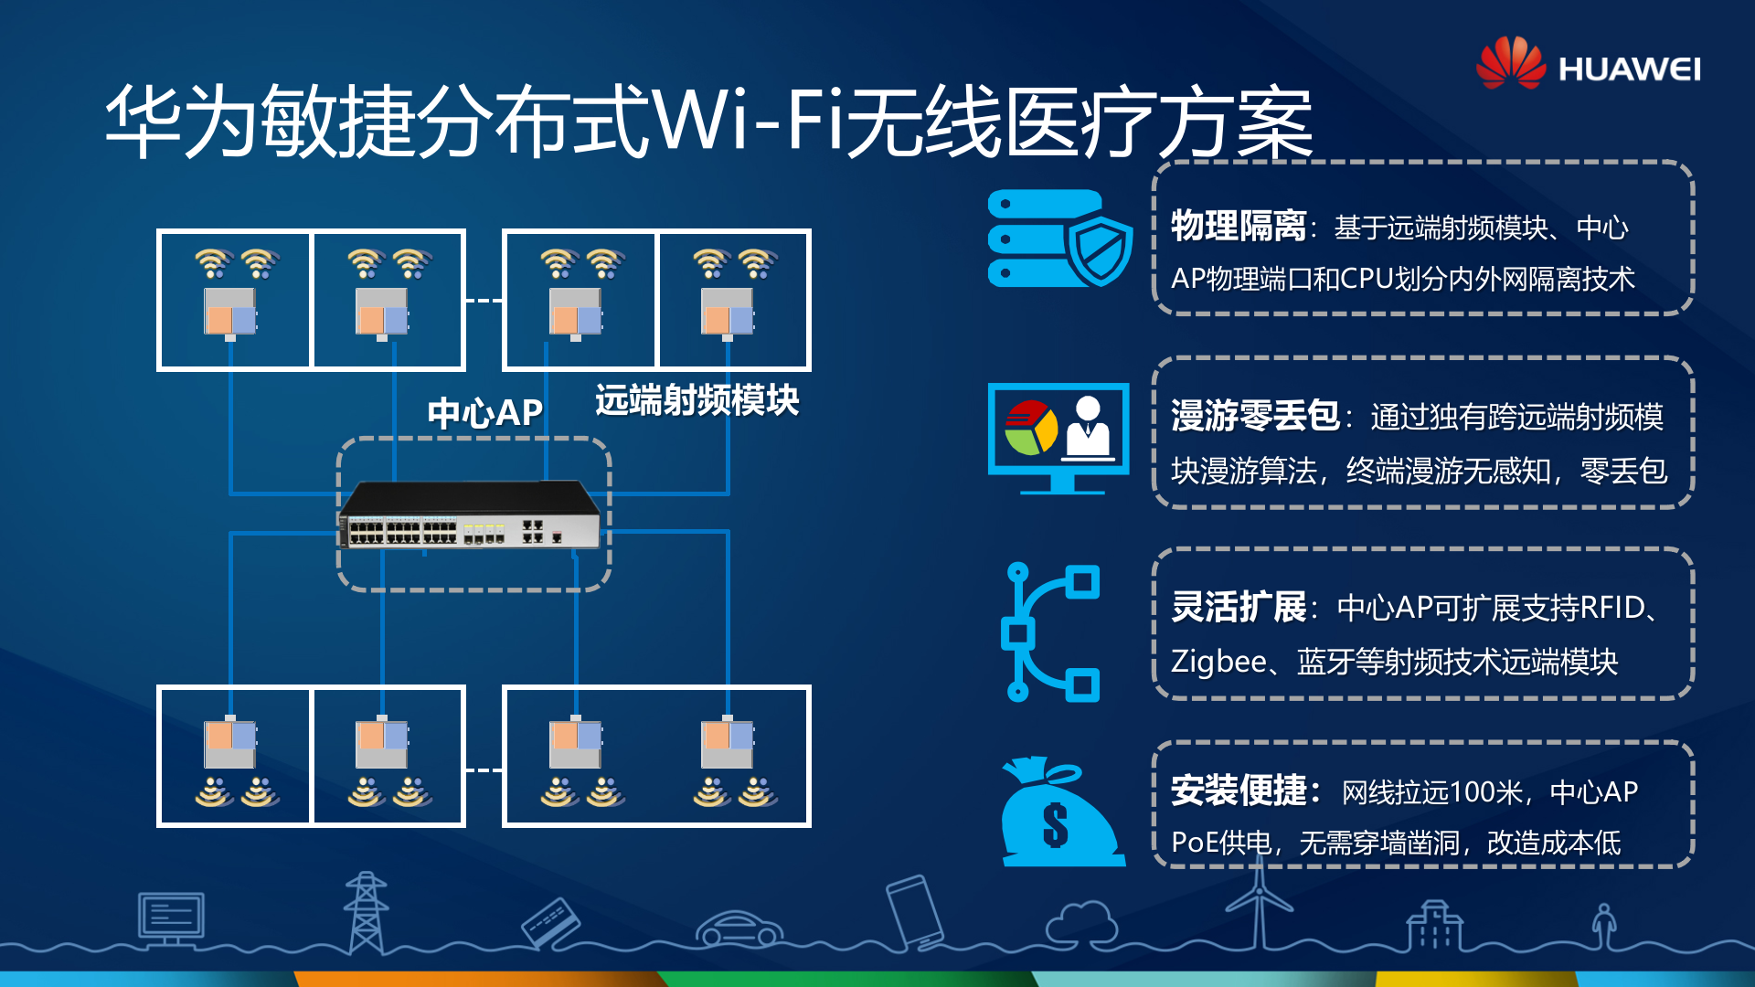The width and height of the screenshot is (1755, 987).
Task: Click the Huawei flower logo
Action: coord(1510,63)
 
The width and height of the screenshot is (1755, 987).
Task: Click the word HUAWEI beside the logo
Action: coord(1629,69)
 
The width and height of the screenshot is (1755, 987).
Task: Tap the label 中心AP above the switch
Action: coord(484,413)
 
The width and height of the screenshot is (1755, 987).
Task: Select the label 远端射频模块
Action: coord(697,400)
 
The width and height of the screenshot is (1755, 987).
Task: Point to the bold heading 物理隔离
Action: coord(1239,226)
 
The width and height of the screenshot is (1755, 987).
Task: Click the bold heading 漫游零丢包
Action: coord(1255,416)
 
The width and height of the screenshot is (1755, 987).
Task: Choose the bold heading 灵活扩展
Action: coord(1239,607)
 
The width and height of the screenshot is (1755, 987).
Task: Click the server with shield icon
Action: coord(1060,239)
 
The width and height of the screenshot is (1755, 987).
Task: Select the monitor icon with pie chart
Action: coord(1058,438)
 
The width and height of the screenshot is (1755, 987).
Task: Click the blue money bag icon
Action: coord(1060,812)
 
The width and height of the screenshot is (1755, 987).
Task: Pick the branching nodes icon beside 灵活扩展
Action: coord(1051,631)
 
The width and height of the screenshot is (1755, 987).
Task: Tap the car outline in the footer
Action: coord(739,928)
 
